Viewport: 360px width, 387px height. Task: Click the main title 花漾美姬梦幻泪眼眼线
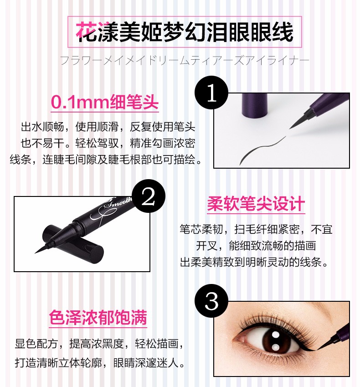click(184, 32)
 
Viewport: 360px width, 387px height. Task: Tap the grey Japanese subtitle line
click(184, 61)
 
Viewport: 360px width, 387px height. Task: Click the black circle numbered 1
click(211, 93)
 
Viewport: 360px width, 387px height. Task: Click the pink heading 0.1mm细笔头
click(105, 102)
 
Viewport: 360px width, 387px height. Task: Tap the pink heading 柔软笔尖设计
click(256, 204)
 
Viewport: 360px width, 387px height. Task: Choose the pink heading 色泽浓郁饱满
click(98, 317)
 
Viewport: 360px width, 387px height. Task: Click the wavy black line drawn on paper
click(262, 150)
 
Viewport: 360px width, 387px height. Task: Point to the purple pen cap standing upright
click(255, 105)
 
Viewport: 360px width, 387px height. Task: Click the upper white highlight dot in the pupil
click(275, 335)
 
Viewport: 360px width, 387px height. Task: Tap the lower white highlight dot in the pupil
click(276, 347)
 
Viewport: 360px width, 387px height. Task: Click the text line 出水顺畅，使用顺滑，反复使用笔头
click(108, 127)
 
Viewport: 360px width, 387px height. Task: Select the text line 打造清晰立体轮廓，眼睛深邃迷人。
click(100, 362)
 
